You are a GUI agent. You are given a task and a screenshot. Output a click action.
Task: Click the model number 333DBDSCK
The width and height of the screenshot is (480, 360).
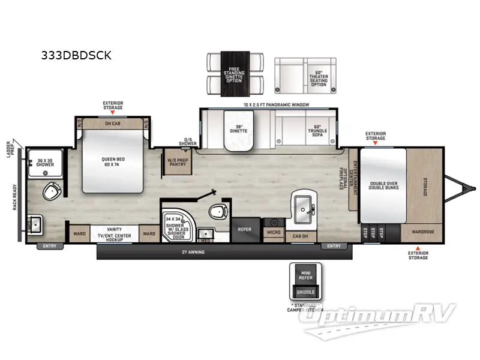pos(76,55)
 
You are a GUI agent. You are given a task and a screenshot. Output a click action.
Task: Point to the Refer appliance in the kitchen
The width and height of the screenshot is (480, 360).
pos(244,229)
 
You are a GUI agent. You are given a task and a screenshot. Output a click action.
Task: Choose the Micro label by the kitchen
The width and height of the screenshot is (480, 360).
pos(274,231)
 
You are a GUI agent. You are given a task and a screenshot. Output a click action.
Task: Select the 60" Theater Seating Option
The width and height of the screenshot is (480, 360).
pos(319,79)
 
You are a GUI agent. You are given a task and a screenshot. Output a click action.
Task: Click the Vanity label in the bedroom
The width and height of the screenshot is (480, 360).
pos(114,229)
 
